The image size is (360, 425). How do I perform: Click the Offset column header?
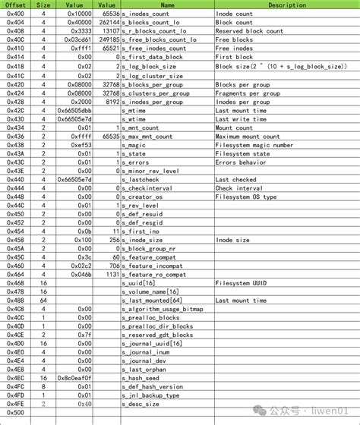tap(15, 5)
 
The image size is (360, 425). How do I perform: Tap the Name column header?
tap(167, 5)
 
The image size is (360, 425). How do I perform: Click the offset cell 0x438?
tap(15, 145)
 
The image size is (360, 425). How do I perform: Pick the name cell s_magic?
tap(138, 145)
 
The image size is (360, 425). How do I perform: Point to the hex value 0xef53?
tap(81, 145)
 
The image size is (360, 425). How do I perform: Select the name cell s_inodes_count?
tap(149, 14)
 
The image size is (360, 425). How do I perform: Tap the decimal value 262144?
tap(108, 23)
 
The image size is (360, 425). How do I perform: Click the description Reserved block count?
tap(249, 31)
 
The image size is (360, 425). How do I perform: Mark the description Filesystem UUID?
tap(243, 282)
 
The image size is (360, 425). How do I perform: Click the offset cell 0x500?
tap(15, 412)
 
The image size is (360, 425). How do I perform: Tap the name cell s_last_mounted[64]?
tap(152, 300)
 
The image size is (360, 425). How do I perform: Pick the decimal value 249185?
tap(108, 39)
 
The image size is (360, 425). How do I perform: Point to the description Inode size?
tap(232, 240)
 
